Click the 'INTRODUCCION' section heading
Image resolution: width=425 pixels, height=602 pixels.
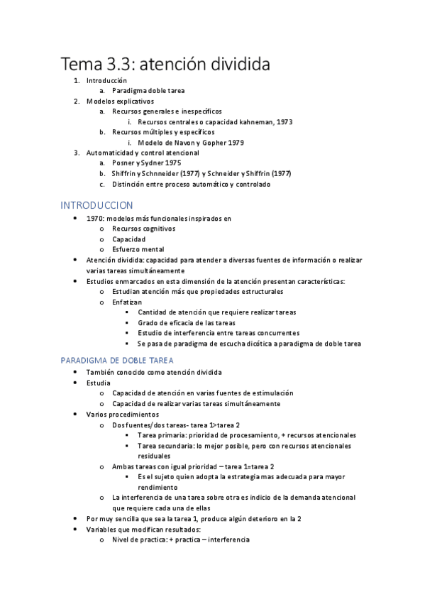[96, 205]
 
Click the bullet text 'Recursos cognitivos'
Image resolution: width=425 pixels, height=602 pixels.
[144, 229]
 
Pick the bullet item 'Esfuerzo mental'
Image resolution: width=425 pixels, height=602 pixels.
[138, 249]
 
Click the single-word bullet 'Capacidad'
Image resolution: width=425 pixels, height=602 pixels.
[129, 239]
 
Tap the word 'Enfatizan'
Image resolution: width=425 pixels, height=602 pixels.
[127, 302]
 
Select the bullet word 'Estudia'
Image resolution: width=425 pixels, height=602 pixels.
[98, 383]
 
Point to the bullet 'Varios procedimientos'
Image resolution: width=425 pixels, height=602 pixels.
[122, 414]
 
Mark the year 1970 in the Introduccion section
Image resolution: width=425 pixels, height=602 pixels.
[94, 219]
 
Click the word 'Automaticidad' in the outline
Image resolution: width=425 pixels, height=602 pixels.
[110, 152]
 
